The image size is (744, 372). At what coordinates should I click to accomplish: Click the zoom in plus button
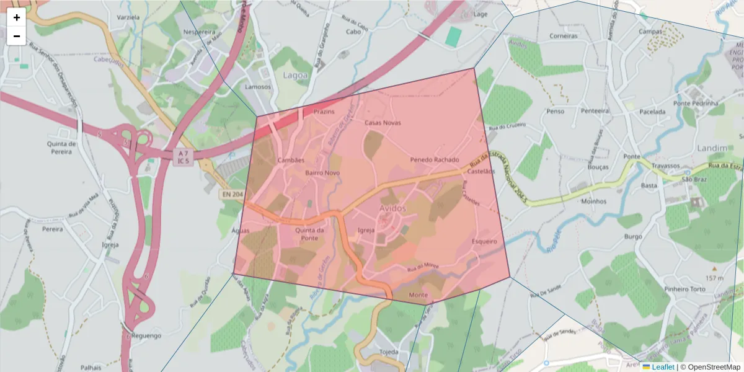point(17,17)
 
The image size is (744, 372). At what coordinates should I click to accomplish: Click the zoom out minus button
point(17,36)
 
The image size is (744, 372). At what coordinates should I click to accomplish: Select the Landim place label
point(711,148)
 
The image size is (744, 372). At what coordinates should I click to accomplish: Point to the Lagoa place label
point(294,75)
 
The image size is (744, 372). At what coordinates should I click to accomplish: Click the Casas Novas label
point(383,123)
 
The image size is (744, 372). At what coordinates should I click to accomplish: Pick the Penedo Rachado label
point(435,160)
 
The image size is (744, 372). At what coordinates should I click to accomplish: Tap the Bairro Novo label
point(322,173)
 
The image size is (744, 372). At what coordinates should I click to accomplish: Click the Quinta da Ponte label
point(309,234)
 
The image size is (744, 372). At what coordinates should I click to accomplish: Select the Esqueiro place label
point(484,241)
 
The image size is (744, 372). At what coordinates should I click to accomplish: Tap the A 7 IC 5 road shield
point(182,157)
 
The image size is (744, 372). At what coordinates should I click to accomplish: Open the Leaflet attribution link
point(663,366)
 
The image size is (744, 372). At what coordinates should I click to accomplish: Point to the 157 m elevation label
point(714,278)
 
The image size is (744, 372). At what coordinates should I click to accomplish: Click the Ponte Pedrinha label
point(694,103)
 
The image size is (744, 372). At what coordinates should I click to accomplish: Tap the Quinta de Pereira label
point(61,147)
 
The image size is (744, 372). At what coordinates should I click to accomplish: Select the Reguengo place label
point(147,335)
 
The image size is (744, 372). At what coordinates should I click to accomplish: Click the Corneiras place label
point(563,36)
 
